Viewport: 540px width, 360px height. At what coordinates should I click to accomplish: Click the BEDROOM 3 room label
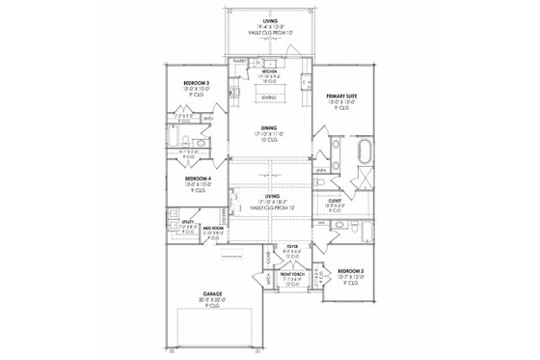pyautogui.click(x=197, y=84)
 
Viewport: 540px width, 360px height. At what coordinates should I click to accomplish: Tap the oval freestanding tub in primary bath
pyautogui.click(x=365, y=152)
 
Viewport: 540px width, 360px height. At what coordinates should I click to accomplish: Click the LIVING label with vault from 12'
pyautogui.click(x=270, y=194)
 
